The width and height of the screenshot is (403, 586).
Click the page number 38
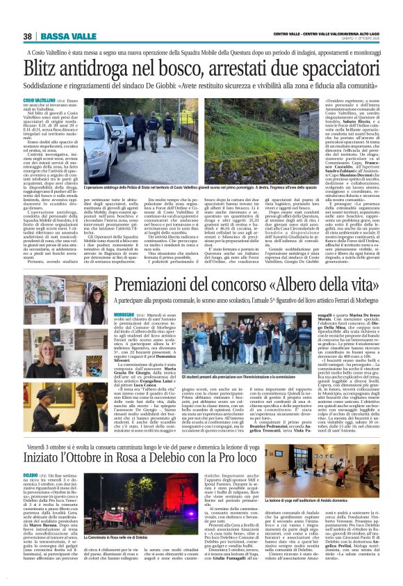click(27, 36)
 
